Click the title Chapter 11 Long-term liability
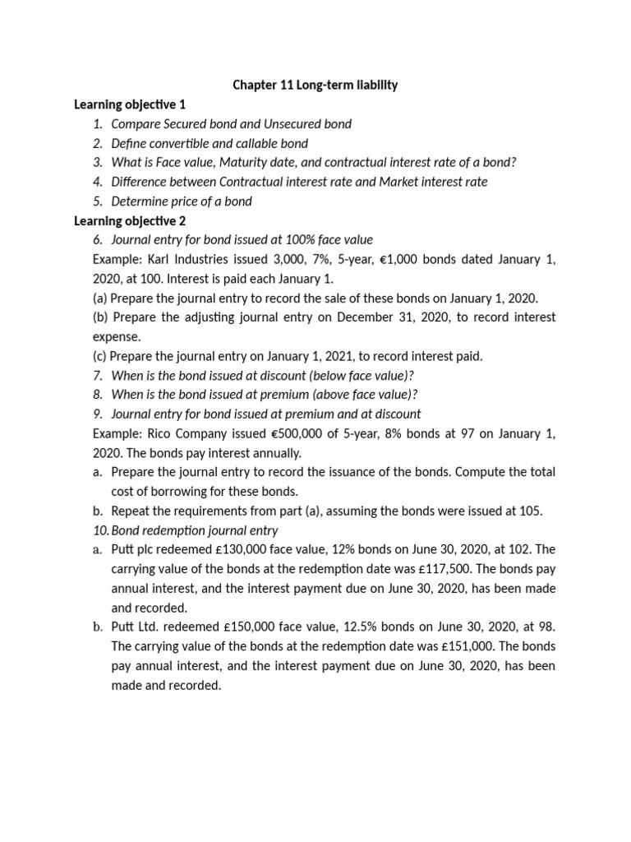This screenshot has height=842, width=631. coord(315,86)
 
